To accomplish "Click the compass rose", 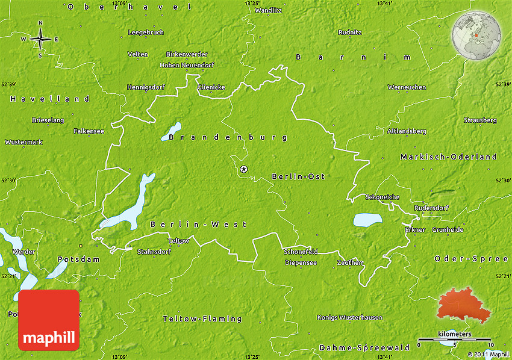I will click(40, 40).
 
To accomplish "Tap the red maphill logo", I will click(49, 320).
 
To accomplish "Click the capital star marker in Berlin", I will click(243, 170).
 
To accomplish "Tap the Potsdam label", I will click(70, 259).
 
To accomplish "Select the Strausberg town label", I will click(480, 120).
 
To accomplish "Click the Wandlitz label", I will click(267, 10).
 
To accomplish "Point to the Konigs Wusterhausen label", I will click(349, 317).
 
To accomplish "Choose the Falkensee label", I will click(89, 131).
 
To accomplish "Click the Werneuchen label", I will click(407, 87).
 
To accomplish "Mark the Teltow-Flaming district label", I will click(202, 318).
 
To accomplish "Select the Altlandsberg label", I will click(407, 131).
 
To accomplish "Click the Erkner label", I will click(414, 230).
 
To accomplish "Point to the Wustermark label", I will click(23, 142).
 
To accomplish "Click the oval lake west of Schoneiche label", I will click(367, 220).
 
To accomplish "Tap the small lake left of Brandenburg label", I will click(171, 132).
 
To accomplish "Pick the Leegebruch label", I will click(146, 32).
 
